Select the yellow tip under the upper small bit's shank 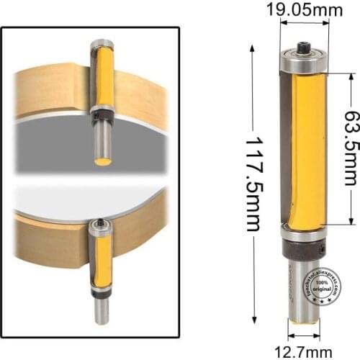point(103,161)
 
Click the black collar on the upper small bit point(102,113)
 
